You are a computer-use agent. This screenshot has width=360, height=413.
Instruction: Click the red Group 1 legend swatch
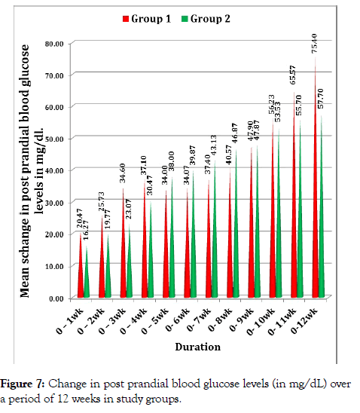(x=126, y=19)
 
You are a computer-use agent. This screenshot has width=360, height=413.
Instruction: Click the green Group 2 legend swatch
(x=185, y=19)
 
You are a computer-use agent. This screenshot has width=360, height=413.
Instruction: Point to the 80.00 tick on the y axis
(x=54, y=44)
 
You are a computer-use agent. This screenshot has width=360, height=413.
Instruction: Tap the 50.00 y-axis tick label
(x=54, y=139)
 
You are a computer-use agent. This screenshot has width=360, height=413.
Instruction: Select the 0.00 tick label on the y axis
(x=56, y=298)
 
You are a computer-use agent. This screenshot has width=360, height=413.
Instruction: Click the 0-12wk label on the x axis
(x=304, y=321)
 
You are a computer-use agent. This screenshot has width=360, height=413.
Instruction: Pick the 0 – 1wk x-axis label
(x=69, y=321)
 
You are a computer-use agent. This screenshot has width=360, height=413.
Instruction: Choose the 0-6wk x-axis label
(x=178, y=320)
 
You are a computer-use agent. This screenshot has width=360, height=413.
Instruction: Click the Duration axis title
(x=198, y=347)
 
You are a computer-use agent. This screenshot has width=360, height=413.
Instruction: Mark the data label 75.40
(x=315, y=44)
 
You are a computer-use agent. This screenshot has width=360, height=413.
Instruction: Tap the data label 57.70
(x=321, y=99)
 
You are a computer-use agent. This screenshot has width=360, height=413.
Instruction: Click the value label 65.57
(x=293, y=75)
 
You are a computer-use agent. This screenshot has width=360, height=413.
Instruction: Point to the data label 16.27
(x=86, y=230)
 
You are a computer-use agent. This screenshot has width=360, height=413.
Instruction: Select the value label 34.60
(x=122, y=173)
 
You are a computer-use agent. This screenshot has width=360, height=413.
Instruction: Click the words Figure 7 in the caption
(x=23, y=384)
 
